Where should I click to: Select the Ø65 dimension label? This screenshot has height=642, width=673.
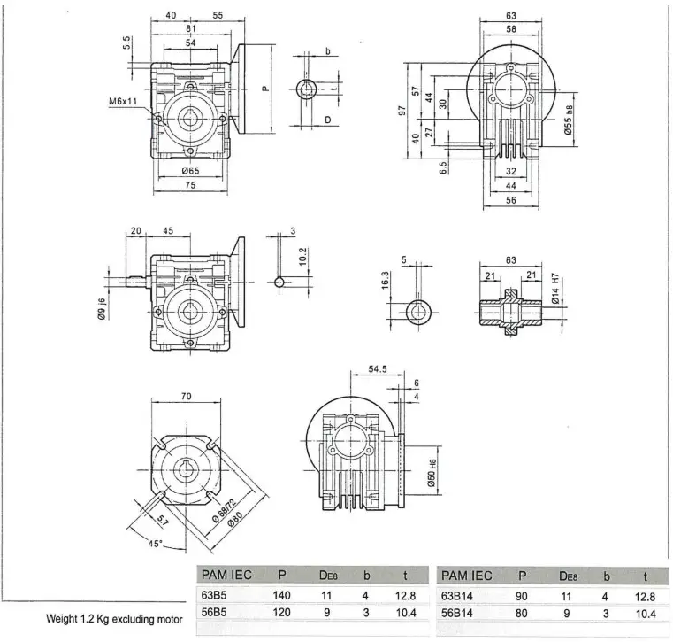tap(189, 170)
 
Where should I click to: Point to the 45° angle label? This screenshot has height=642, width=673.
tap(155, 544)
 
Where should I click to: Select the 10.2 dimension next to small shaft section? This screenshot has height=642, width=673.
tap(302, 257)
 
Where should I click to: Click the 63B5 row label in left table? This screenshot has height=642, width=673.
tap(216, 597)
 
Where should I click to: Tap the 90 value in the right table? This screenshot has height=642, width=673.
tap(521, 597)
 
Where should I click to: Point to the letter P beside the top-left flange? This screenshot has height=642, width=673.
tap(264, 88)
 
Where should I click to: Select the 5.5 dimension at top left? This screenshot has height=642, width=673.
tap(126, 42)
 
